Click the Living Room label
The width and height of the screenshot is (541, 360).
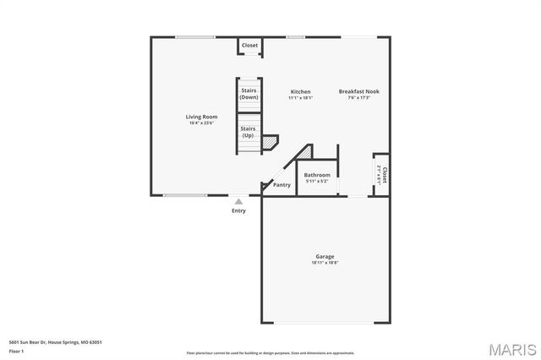point(202,117)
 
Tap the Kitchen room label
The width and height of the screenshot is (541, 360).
point(300,91)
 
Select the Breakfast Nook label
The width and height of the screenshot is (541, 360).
point(359,91)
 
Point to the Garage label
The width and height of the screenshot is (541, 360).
point(325,256)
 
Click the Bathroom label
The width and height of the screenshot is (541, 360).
point(317,175)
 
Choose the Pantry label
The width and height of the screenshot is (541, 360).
point(281,184)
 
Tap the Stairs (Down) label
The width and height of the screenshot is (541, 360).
point(249,93)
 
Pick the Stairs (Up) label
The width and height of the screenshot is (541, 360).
point(249,132)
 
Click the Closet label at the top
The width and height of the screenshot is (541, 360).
point(250,46)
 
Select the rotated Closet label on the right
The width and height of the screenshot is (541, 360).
point(384,174)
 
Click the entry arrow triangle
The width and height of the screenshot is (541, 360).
point(239,201)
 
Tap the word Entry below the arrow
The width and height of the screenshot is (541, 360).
point(239,210)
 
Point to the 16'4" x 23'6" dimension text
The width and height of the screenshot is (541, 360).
point(202,123)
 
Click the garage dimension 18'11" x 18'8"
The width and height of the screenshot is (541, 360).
point(325,263)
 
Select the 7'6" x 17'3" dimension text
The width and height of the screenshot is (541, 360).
point(359,98)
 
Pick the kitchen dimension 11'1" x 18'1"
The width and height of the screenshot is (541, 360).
point(300,98)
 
